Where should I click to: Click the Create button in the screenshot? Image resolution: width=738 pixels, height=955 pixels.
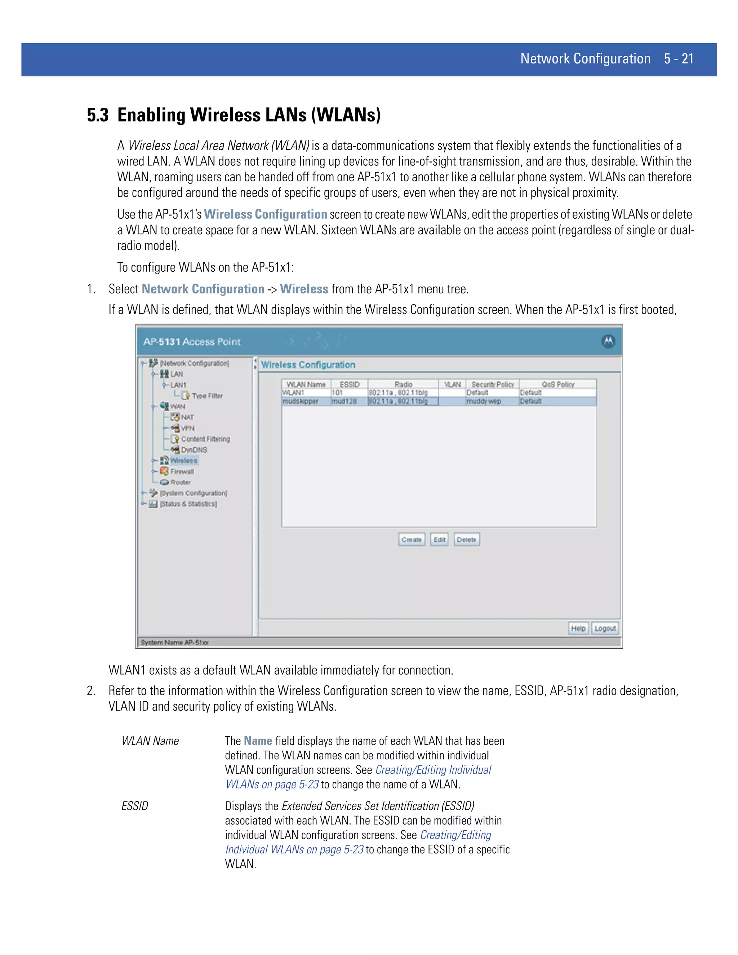412,539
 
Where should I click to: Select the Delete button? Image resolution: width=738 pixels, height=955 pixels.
467,539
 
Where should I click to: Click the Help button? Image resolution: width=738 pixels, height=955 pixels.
578,628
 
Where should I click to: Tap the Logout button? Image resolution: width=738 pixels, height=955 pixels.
605,628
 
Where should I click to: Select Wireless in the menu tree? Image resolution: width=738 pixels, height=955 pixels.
184,461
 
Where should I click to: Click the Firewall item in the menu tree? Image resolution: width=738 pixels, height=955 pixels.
182,471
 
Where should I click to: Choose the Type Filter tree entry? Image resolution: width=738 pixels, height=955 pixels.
207,396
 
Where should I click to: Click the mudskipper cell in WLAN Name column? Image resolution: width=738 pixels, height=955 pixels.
301,401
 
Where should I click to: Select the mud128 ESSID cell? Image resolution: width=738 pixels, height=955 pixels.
344,401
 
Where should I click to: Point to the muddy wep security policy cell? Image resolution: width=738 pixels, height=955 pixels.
484,401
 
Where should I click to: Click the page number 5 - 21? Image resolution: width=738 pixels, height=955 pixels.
679,59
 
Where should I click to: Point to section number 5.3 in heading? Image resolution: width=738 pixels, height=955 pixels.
98,115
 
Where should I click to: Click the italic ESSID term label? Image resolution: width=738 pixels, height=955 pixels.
135,805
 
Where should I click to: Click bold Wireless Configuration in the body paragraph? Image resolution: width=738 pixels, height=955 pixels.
265,214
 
